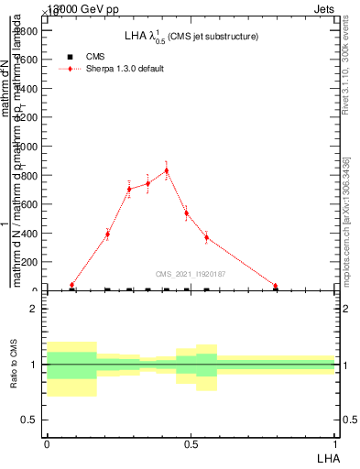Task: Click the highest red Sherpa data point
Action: tap(167, 170)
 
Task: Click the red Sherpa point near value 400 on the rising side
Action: tap(107, 234)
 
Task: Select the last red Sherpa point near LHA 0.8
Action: tap(276, 286)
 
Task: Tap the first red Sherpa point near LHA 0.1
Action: tap(72, 285)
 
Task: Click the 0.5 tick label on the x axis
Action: tap(191, 444)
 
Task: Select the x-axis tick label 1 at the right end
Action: tap(336, 444)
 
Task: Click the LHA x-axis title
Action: tap(328, 457)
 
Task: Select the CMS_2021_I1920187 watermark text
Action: tap(191, 274)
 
